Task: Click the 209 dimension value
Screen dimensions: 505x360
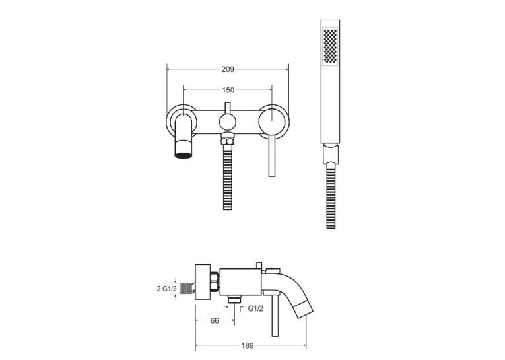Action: coord(228,69)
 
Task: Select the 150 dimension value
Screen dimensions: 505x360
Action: coord(228,90)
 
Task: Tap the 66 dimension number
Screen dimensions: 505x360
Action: coord(215,320)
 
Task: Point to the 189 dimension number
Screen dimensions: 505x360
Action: coord(248,346)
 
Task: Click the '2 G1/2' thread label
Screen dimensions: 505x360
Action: coord(166,289)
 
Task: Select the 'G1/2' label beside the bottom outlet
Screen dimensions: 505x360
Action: coord(255,308)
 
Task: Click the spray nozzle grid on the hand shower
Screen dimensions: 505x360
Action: coord(330,46)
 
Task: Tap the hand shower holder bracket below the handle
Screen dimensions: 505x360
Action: coord(331,154)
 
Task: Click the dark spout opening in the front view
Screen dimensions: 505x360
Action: coord(185,155)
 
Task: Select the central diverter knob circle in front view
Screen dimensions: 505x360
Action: coord(227,122)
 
